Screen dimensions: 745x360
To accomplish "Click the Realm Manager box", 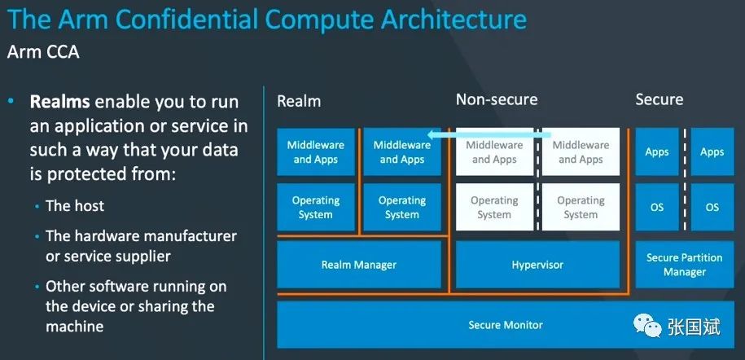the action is (x=359, y=265).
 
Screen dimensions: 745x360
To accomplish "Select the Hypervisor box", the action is (x=537, y=265).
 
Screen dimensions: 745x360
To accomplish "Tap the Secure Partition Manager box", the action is (x=685, y=265).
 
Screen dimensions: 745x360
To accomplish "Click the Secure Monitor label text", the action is (x=506, y=325).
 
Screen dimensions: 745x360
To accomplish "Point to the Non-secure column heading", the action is (x=497, y=99).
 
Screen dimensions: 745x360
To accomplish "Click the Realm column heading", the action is (x=299, y=101).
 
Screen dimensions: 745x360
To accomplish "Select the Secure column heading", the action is (x=660, y=99).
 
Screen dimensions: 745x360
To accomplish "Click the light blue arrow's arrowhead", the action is (x=431, y=134).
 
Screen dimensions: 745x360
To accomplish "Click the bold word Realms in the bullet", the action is (x=60, y=102).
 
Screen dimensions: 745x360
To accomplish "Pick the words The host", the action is (x=75, y=206).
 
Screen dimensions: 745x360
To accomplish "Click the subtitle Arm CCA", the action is (x=43, y=52).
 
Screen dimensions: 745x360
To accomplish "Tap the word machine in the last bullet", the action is (x=75, y=327).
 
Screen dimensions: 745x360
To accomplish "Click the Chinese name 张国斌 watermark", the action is (x=694, y=327).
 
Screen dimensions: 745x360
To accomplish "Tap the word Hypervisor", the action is (x=537, y=265).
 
